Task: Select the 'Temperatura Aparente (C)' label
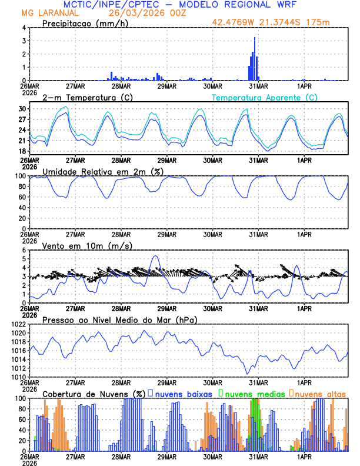[x=265, y=97]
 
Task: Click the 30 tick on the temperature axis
[x=23, y=109]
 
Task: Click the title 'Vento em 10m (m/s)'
[x=79, y=245]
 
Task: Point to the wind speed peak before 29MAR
[x=155, y=257]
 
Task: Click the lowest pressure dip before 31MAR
[x=248, y=373]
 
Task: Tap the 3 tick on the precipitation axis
[x=23, y=41]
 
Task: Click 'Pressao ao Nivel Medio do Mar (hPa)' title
[x=120, y=319]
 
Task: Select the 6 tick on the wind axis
[x=23, y=250]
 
